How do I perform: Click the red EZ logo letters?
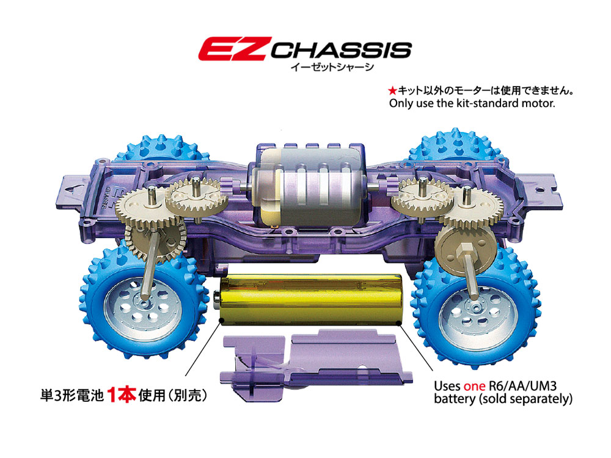pyautogui.click(x=235, y=49)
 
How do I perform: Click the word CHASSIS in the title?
pyautogui.click(x=342, y=51)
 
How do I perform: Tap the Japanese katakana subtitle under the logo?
pyautogui.click(x=332, y=67)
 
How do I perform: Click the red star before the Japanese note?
pyautogui.click(x=392, y=91)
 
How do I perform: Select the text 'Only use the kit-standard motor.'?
pyautogui.click(x=472, y=103)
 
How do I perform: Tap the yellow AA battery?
pyautogui.click(x=310, y=299)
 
